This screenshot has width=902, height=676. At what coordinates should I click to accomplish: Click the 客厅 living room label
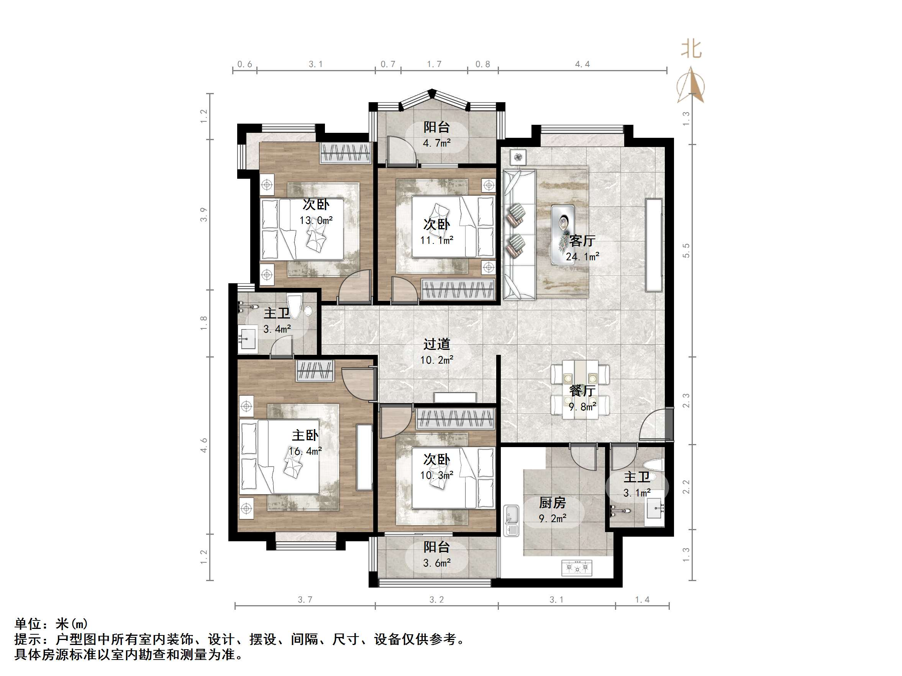[582, 241]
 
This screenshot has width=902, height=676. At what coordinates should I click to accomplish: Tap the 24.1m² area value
[582, 257]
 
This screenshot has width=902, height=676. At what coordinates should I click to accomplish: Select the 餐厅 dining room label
[582, 391]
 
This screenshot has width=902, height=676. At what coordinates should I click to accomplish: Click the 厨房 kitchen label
[552, 503]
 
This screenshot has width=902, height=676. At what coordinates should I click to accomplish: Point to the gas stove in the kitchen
[577, 567]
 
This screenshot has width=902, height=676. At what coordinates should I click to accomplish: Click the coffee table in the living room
[563, 234]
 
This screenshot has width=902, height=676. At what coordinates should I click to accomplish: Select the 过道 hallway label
[436, 344]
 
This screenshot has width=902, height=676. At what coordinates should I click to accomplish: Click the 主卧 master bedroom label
[305, 435]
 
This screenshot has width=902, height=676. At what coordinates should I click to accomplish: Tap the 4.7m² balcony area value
[436, 143]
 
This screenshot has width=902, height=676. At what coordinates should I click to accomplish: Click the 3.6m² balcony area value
[436, 563]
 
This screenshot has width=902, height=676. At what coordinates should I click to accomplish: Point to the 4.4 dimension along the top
[582, 64]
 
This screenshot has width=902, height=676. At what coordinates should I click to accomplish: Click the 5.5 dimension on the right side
[686, 250]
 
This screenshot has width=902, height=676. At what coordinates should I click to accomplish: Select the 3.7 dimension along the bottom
[305, 600]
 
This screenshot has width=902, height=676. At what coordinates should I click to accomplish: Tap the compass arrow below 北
[691, 86]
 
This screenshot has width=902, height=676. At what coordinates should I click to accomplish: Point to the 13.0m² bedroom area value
[316, 220]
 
